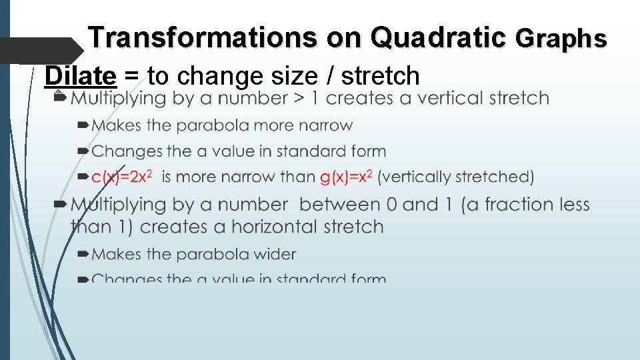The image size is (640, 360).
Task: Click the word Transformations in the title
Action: [x=204, y=38]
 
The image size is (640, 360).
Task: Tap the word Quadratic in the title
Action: [x=438, y=38]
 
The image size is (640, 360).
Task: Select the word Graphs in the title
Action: [x=561, y=39]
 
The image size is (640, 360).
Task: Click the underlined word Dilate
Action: [x=80, y=76]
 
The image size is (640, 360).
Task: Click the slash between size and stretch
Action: [x=333, y=76]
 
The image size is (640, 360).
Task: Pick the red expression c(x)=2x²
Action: [x=123, y=177]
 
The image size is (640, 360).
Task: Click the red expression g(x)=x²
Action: [x=346, y=177]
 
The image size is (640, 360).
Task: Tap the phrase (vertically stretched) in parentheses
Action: [x=456, y=177]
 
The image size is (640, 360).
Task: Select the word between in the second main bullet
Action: [x=341, y=204]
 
